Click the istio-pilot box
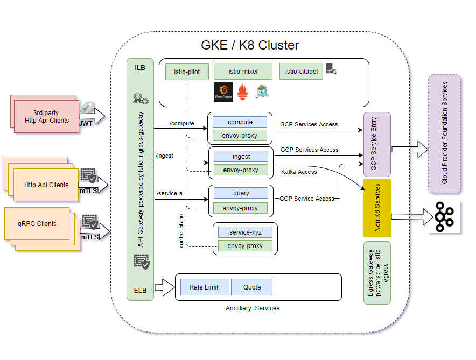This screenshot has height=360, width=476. point(187,72)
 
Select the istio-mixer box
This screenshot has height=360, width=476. point(243,71)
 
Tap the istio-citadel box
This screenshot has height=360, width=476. point(301,71)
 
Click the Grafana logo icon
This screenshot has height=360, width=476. point(223,93)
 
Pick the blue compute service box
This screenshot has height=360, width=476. point(240,122)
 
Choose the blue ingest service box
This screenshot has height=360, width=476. point(241,157)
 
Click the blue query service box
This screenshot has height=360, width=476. point(241,193)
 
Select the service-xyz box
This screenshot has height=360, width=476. point(245,232)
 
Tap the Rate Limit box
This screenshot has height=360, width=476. point(204,287)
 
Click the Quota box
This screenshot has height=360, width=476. point(251,287)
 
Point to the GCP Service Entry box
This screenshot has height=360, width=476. point(377,144)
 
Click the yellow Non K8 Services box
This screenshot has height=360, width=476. point(377,208)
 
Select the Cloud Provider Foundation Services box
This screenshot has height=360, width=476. point(445,133)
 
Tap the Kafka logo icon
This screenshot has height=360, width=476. point(444,216)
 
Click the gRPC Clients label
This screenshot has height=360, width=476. point(37,223)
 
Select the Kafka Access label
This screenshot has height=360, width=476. point(299,172)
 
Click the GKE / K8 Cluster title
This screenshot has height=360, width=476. point(250,45)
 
